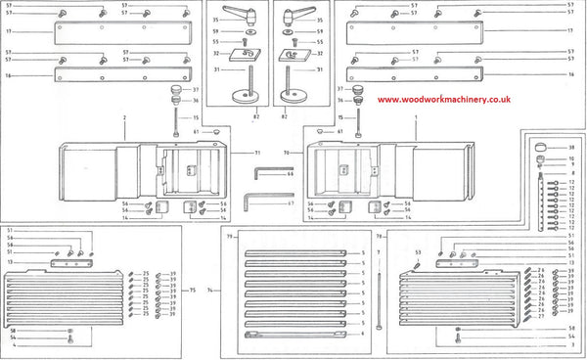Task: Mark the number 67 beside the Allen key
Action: click(291, 203)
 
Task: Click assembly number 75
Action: click(193, 291)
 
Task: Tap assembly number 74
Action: click(208, 291)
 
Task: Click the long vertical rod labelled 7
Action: click(378, 293)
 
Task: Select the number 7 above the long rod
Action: click(378, 252)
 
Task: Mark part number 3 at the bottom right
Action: click(571, 344)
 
